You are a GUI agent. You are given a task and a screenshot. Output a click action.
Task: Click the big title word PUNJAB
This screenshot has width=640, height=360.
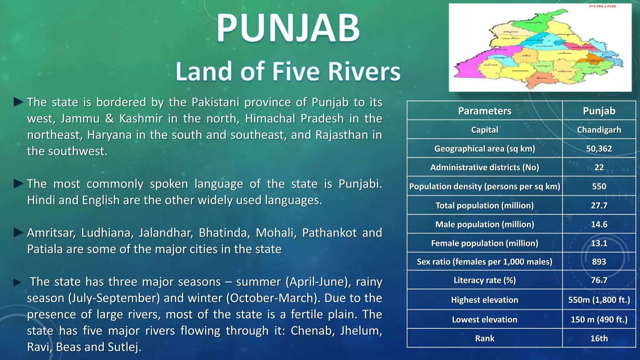[288, 28]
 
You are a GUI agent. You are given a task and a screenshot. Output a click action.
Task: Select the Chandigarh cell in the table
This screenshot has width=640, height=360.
[599, 130]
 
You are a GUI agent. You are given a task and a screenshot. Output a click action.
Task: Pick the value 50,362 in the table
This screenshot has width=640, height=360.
[599, 148]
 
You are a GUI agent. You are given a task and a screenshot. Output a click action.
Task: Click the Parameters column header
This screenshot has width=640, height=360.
[484, 111]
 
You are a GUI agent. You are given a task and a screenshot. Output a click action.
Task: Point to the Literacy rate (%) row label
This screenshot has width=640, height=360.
[484, 280]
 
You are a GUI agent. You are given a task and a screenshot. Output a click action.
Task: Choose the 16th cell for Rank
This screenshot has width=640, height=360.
[599, 338]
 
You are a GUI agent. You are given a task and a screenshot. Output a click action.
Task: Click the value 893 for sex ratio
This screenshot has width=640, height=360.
[599, 262]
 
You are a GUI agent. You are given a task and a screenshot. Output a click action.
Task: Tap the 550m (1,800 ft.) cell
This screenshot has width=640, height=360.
[599, 300]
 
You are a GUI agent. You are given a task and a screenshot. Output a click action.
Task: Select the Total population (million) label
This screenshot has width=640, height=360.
[484, 205]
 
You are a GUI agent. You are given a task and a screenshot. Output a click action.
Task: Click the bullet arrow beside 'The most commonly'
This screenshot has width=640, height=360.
[18, 184]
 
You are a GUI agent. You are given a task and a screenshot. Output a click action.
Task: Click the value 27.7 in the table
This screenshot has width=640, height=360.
[599, 205]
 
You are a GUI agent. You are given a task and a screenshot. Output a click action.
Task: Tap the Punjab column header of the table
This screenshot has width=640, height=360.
[599, 111]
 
